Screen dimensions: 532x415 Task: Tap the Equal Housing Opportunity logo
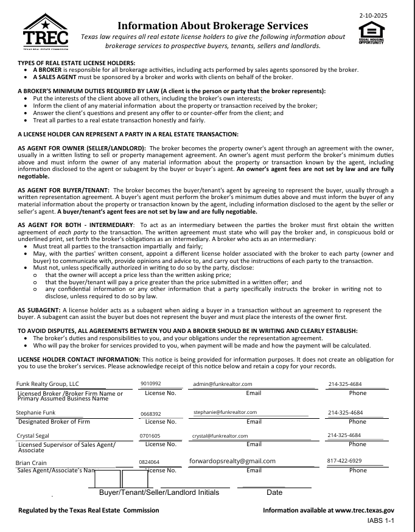coord(371,33)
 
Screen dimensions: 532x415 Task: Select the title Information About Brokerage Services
coord(212,26)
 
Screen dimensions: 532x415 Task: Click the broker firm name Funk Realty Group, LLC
coord(47,384)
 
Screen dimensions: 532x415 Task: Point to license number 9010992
coord(150,384)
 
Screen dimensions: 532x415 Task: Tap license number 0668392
coord(150,413)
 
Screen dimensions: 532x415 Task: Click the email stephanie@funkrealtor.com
coord(225,413)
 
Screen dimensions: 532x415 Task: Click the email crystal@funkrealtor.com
coord(220,436)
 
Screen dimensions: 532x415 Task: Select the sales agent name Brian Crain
coord(31,463)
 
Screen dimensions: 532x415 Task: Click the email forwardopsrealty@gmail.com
coord(232,461)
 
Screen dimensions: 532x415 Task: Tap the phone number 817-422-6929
coord(344,461)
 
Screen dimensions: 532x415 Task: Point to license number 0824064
coord(149,463)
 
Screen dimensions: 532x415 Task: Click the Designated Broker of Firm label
coord(54,421)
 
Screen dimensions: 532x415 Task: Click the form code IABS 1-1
coord(381,522)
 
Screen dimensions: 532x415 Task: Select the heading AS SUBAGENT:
coord(39,310)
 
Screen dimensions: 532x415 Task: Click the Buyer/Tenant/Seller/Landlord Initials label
coord(159,492)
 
